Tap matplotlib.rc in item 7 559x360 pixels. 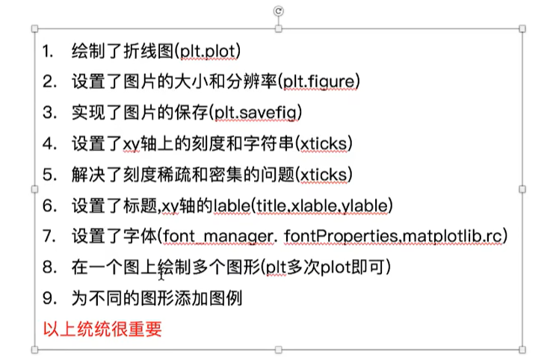click(x=452, y=236)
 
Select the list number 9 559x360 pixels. click(x=49, y=298)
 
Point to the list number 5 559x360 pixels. click(x=49, y=174)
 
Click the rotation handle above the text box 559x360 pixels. click(x=278, y=10)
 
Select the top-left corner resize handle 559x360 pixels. click(x=34, y=29)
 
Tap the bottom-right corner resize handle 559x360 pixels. click(x=522, y=349)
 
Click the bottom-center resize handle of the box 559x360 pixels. click(x=278, y=349)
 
